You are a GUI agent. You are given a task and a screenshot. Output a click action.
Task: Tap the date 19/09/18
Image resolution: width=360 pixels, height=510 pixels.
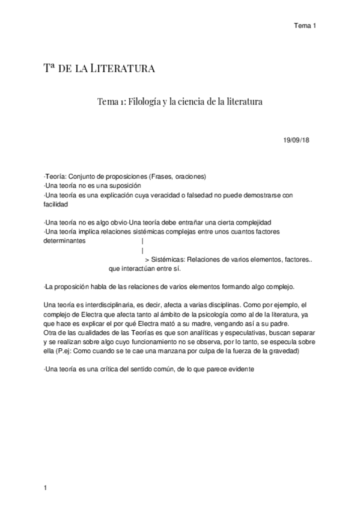tap(297, 140)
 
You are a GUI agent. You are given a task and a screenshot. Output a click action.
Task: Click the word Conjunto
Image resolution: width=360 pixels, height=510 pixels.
tap(85, 177)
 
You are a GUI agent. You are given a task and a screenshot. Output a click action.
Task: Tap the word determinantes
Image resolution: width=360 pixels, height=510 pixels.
tap(66, 240)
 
